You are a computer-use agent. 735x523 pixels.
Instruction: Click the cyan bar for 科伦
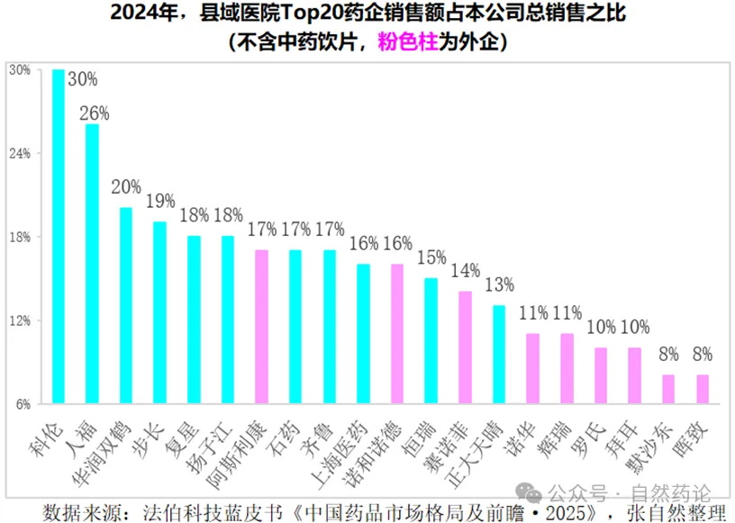59,236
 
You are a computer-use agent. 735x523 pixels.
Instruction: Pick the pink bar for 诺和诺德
397,333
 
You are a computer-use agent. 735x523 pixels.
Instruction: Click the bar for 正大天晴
499,354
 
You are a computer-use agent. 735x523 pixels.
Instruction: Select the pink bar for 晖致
703,389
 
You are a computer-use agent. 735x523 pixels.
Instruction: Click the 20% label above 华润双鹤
126,187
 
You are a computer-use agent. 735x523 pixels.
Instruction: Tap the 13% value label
499,285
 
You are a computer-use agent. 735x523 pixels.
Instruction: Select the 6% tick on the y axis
21,404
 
